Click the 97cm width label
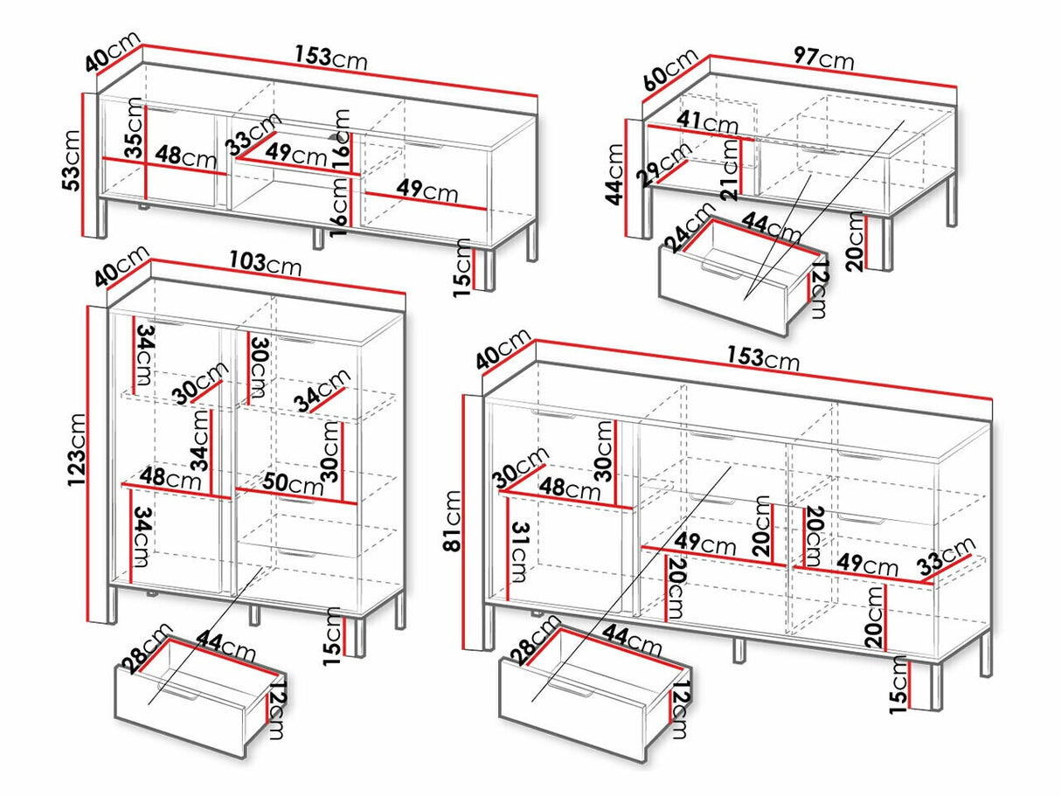tap(823, 59)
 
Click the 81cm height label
tap(452, 522)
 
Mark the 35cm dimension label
tap(132, 130)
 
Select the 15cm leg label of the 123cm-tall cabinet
tap(334, 635)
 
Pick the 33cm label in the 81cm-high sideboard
tap(949, 557)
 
